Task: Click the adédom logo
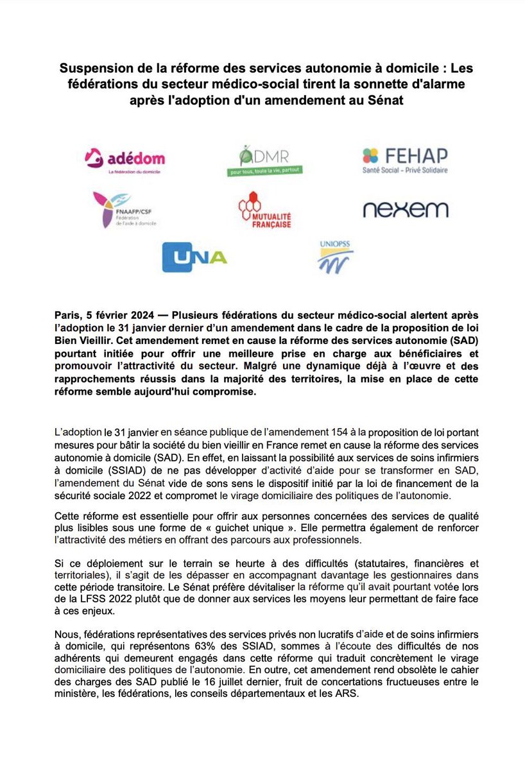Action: pyautogui.click(x=125, y=158)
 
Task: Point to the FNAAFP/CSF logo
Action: pyautogui.click(x=124, y=210)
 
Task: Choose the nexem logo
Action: pyautogui.click(x=405, y=210)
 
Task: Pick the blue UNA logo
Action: pyautogui.click(x=194, y=257)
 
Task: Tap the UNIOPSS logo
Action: pyautogui.click(x=336, y=257)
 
